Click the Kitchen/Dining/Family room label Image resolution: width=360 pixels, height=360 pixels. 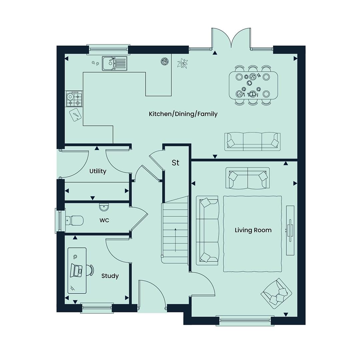click(x=183, y=114)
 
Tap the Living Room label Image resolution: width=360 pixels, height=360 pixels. click(x=253, y=230)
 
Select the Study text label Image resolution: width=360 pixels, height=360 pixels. click(x=110, y=276)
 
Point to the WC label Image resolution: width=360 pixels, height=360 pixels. click(x=104, y=220)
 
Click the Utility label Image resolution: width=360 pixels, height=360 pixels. click(x=98, y=171)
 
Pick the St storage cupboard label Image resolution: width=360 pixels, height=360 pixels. click(x=175, y=163)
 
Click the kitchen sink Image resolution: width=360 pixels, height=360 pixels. click(x=114, y=63)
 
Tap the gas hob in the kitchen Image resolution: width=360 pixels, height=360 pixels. click(x=74, y=99)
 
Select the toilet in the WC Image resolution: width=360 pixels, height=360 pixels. click(x=74, y=221)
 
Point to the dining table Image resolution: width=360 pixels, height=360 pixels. click(x=253, y=85)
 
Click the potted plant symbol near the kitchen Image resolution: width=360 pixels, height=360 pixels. click(x=183, y=63)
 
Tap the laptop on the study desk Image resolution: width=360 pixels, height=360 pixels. click(x=76, y=270)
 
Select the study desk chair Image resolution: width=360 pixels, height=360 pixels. click(x=90, y=270)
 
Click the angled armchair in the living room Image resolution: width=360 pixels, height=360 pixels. click(x=276, y=294)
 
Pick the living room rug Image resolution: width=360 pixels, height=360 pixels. click(x=253, y=234)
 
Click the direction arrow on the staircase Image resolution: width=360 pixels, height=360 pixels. click(x=175, y=240)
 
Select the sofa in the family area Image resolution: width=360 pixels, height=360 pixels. click(x=252, y=141)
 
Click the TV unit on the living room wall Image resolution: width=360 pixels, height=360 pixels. click(x=290, y=230)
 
